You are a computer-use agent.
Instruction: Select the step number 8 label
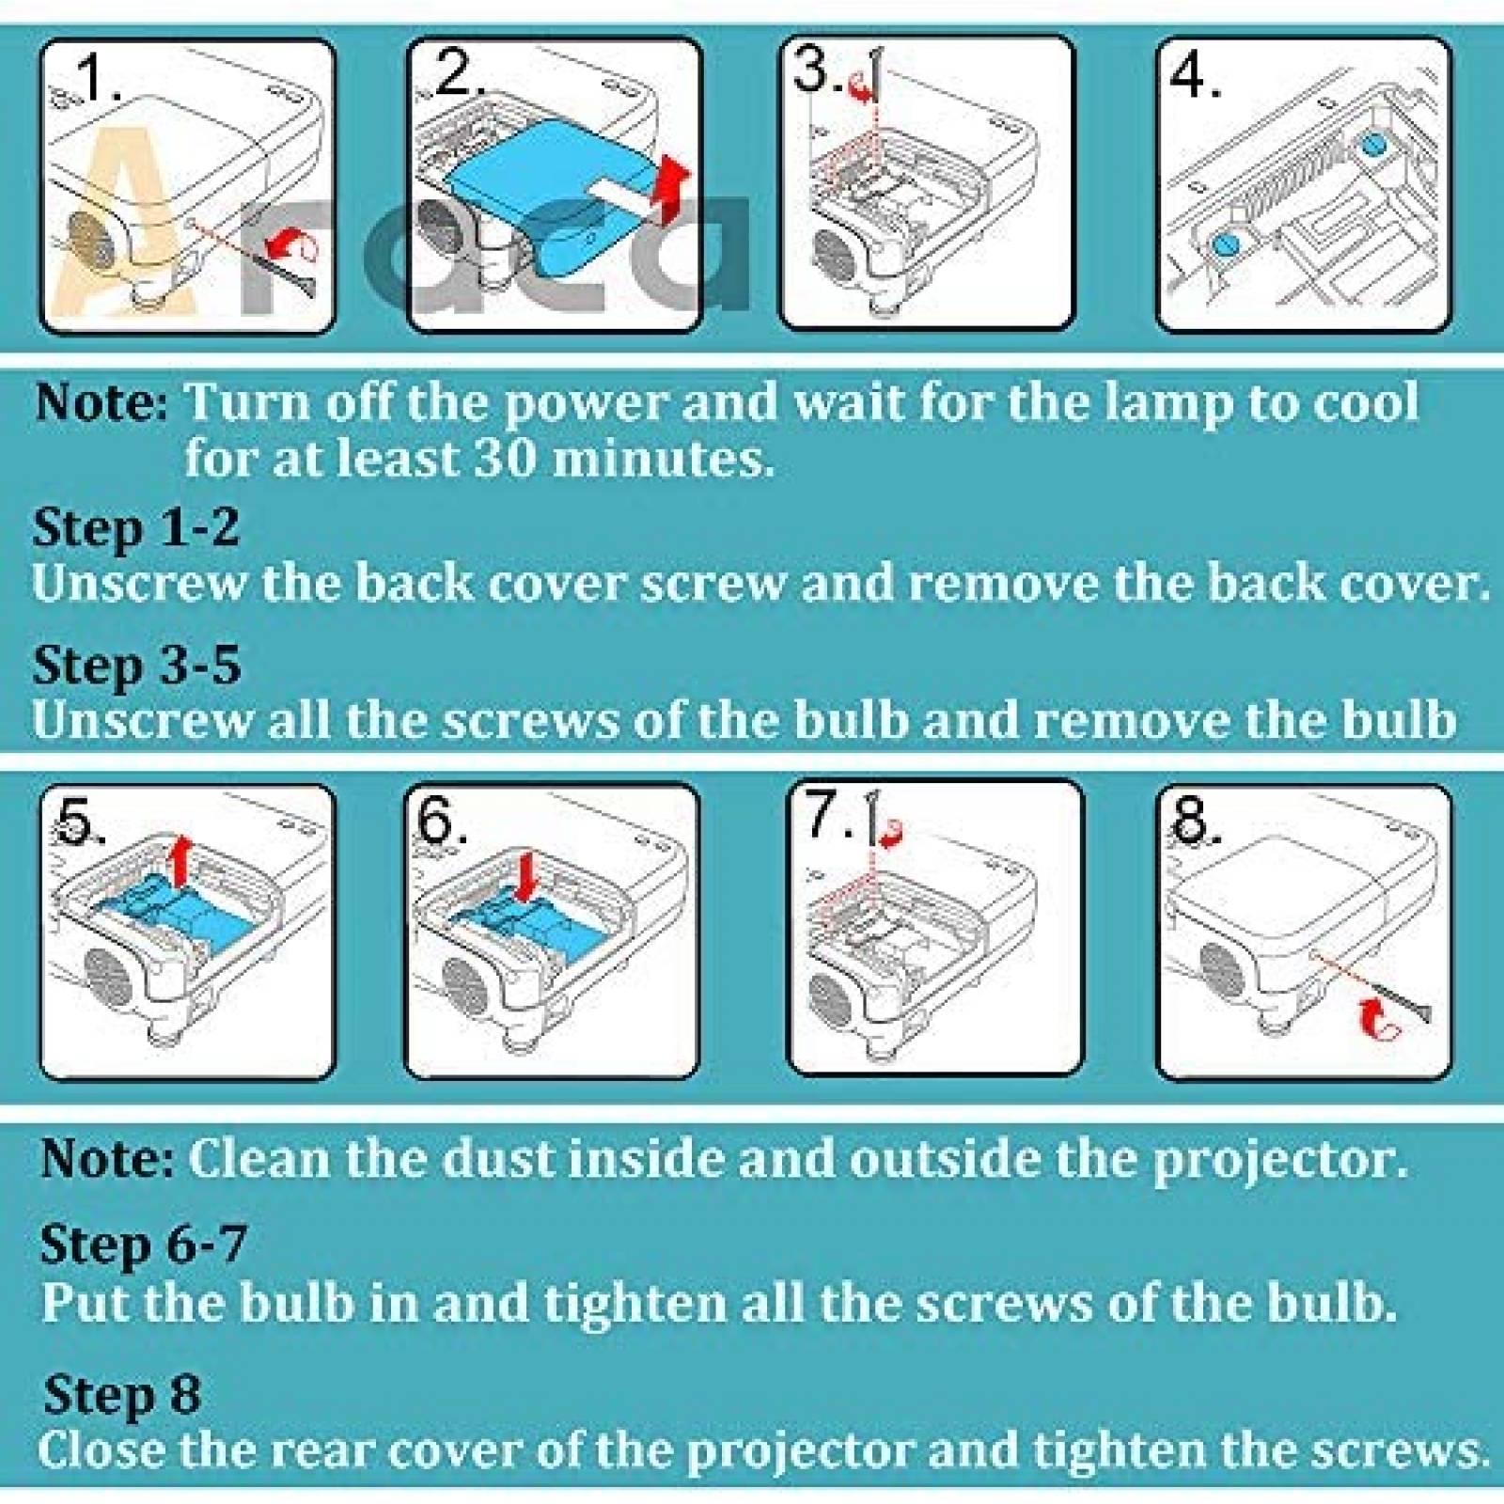1195,820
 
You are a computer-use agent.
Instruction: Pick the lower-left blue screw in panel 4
1225,243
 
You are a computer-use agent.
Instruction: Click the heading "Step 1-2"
136,527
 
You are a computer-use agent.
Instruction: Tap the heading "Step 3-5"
137,666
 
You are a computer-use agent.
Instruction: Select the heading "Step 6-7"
144,1245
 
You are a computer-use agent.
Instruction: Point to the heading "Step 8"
122,1394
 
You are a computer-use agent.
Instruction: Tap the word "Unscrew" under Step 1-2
139,583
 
